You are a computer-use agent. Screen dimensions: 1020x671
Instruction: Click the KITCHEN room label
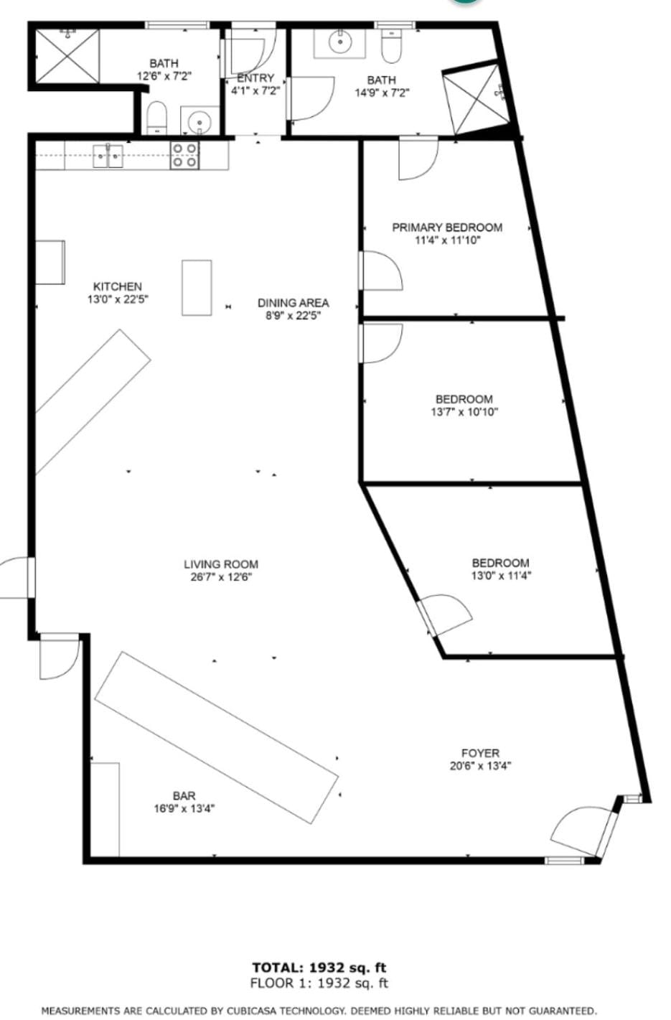click(118, 286)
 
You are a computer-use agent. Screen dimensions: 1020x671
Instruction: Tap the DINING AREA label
click(293, 303)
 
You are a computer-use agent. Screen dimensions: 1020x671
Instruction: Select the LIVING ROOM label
click(220, 564)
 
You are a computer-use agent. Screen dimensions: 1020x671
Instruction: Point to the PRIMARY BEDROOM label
click(446, 228)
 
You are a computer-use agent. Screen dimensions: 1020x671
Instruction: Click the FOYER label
click(480, 753)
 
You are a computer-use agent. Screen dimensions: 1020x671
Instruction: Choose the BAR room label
click(184, 795)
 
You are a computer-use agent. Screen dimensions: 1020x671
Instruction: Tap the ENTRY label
click(255, 78)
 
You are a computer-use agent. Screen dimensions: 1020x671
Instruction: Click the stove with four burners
click(184, 156)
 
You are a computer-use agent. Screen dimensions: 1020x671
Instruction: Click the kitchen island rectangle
click(196, 287)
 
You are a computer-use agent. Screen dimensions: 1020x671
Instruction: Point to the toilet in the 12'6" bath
click(156, 118)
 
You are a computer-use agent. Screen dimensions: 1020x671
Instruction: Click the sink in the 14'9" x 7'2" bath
click(339, 42)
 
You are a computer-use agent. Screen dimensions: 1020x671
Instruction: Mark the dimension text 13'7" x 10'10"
click(464, 412)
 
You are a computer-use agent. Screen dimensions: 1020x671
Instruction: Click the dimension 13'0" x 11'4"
click(501, 576)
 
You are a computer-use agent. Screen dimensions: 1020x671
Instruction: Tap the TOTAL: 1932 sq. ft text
click(319, 968)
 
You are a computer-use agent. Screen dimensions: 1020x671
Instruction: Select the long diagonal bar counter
click(216, 737)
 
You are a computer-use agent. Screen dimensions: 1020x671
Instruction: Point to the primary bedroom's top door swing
click(417, 159)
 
